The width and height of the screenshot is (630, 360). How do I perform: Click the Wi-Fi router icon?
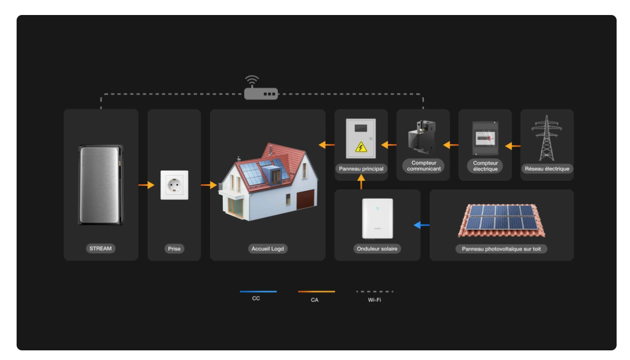[261, 93]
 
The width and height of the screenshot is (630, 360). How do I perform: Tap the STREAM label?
[101, 249]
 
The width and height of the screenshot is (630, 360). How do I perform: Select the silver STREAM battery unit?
[101, 185]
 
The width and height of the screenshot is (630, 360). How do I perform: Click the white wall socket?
[175, 185]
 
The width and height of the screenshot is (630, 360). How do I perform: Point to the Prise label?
[175, 249]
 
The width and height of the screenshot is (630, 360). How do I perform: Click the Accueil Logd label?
[268, 249]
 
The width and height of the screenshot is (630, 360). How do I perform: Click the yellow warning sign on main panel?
[361, 146]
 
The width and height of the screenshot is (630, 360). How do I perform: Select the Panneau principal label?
[361, 169]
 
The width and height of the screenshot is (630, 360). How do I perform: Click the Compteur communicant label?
[423, 166]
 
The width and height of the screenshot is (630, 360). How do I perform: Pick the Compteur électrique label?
[485, 166]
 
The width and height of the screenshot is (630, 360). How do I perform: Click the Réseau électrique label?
[547, 169]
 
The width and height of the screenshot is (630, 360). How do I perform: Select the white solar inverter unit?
[377, 219]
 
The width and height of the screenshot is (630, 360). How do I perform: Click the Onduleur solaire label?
[377, 249]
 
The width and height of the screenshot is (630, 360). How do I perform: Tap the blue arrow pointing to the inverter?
[422, 225]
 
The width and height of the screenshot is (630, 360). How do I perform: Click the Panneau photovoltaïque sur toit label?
[501, 249]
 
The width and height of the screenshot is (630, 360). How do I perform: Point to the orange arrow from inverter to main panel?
[361, 183]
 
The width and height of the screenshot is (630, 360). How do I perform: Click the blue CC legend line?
[258, 291]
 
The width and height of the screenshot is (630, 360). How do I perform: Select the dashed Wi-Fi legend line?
[375, 291]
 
